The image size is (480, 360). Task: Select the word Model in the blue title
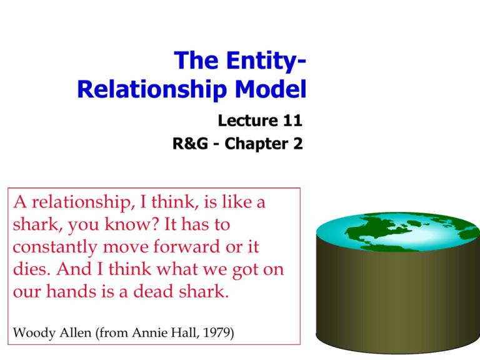coord(271,89)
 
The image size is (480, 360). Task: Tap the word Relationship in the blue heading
coord(152,90)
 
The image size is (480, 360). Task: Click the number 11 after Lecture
coord(292,120)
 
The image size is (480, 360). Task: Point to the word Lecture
coord(248,120)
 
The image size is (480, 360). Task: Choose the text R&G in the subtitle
coord(190,144)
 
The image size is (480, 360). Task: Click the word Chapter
coord(256,144)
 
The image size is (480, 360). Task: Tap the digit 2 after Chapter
coord(298,144)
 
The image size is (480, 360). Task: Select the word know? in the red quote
coord(132,224)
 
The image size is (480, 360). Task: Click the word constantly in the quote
coord(55,247)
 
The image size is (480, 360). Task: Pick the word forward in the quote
coord(186,246)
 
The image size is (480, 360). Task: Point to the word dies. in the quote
coord(31,269)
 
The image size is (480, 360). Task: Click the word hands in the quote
coord(71,291)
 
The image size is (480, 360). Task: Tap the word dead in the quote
coord(154,291)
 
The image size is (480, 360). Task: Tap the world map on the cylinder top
coord(398,232)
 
